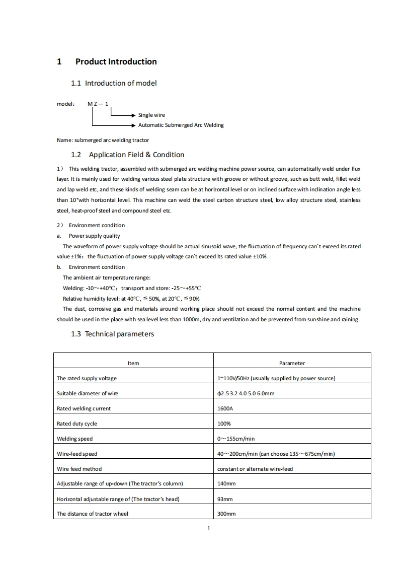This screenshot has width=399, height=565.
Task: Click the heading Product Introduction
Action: tap(116, 62)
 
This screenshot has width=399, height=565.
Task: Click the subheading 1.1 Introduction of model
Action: tap(114, 83)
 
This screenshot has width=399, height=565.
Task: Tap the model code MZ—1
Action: tap(98, 104)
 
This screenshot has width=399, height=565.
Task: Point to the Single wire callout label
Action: tap(151, 115)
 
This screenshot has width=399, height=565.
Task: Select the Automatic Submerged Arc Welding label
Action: tap(181, 125)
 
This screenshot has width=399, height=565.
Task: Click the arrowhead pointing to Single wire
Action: tap(134, 115)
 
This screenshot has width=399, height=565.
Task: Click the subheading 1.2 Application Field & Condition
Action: tap(127, 155)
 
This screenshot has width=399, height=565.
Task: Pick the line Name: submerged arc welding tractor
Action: tap(103, 140)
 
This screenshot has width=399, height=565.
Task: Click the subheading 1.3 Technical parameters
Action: tap(112, 334)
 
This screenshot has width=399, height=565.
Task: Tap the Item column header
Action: tap(133, 363)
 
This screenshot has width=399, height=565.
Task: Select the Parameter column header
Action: tap(292, 363)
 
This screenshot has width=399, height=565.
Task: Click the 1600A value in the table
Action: tap(225, 408)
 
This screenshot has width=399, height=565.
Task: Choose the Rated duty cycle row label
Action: tap(77, 423)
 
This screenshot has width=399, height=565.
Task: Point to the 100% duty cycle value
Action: tap(224, 423)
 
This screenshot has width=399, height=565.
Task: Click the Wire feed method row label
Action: tap(79, 469)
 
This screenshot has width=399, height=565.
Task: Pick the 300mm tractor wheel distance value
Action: tap(226, 514)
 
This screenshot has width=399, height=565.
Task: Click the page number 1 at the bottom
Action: tap(208, 528)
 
